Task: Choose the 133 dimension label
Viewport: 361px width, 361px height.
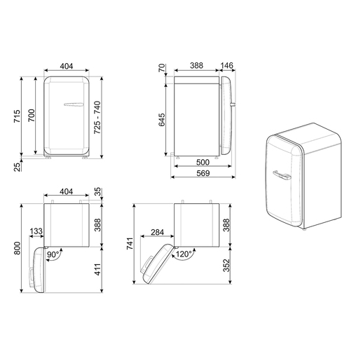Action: (x=34, y=232)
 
